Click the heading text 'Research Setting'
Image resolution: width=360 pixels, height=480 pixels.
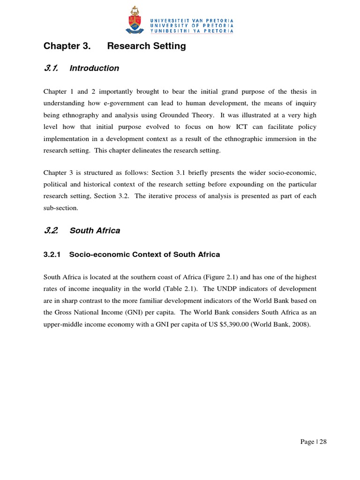tap(147, 46)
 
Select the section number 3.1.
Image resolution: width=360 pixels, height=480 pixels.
tap(50, 68)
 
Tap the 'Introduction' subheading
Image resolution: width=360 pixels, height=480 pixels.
tap(94, 68)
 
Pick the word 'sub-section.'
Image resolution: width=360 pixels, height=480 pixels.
tap(61, 208)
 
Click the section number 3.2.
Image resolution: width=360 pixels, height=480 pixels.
tap(50, 231)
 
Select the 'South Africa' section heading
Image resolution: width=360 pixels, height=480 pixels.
tap(95, 231)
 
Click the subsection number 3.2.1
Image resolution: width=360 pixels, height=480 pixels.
tap(52, 255)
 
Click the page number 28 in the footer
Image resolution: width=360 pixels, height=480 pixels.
tap(323, 442)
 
